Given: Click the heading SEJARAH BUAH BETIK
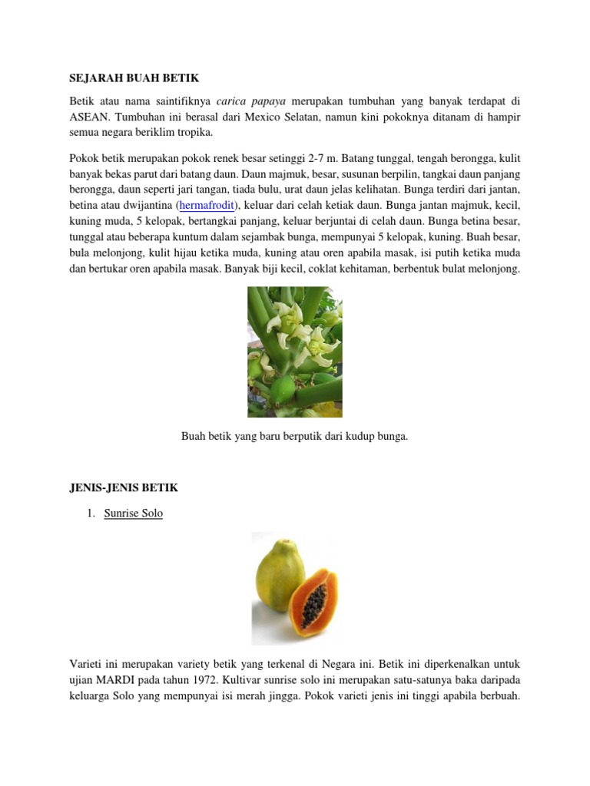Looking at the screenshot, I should (x=134, y=78).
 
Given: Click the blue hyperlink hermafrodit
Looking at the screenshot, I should (x=209, y=205).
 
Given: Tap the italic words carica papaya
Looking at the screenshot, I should (x=250, y=101).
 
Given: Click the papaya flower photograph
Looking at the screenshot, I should (x=294, y=352).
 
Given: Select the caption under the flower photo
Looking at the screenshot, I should (x=294, y=436).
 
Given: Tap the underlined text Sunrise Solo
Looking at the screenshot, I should (x=134, y=514).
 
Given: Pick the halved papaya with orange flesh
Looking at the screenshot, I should (x=313, y=600).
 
